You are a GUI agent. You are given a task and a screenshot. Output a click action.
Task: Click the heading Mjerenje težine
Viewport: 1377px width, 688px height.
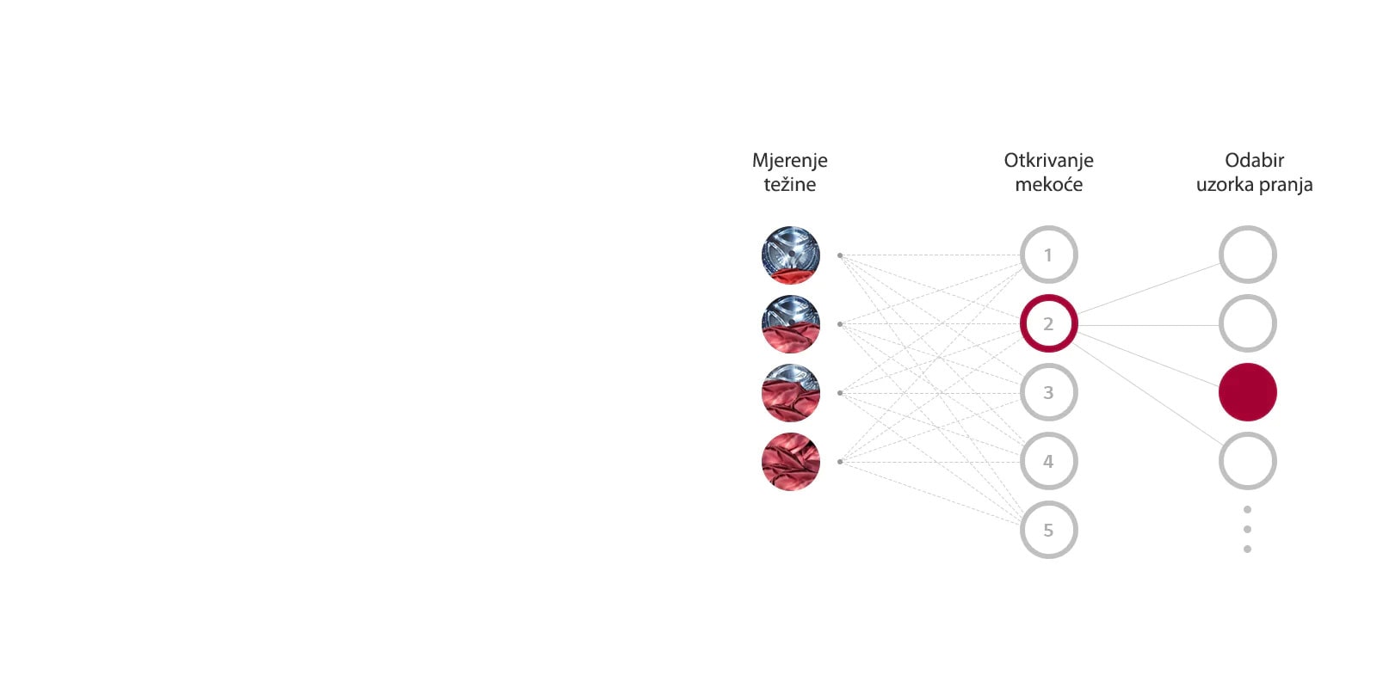coord(790,172)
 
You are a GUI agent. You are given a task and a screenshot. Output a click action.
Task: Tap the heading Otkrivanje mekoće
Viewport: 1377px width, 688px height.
coord(1048,172)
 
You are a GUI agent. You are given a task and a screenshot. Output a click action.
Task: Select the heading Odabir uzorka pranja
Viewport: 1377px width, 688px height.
coord(1254,172)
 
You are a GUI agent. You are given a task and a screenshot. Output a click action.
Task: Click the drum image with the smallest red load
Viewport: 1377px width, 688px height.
coord(790,255)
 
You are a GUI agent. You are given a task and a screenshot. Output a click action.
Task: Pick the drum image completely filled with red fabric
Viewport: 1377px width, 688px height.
coord(790,462)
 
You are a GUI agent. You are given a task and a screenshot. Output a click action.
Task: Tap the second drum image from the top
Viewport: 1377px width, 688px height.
coord(790,324)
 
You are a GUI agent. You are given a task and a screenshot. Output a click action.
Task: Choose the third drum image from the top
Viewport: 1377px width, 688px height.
coord(790,393)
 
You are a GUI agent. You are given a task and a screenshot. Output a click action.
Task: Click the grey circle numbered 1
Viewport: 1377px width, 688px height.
coord(1048,255)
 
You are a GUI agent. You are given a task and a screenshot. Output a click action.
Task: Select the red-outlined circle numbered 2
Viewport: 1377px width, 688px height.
coord(1048,323)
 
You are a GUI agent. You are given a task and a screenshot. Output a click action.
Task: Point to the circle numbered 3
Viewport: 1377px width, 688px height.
coord(1048,392)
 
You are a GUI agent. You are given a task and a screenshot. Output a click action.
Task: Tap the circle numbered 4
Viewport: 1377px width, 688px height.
coord(1048,461)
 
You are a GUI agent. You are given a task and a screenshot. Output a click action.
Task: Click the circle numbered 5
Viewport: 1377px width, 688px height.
coord(1048,530)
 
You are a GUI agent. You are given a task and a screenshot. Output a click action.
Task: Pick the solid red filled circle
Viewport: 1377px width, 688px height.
coord(1247,392)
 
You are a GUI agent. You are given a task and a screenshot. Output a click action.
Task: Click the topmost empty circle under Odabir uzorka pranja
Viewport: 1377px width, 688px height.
coord(1247,255)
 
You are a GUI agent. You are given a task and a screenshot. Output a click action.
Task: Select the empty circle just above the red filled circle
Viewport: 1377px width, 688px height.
coord(1247,323)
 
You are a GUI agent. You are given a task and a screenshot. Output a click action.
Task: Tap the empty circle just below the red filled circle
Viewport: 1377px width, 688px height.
coord(1247,461)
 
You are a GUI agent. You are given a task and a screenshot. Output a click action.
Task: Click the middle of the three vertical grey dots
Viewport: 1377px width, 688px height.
coord(1247,529)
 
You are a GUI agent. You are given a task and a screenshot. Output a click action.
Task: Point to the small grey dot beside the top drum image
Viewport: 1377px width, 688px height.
coord(840,255)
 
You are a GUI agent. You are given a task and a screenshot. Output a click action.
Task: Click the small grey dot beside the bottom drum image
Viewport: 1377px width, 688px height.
coord(840,462)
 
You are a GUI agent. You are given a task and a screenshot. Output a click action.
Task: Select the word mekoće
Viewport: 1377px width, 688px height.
coord(1048,184)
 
